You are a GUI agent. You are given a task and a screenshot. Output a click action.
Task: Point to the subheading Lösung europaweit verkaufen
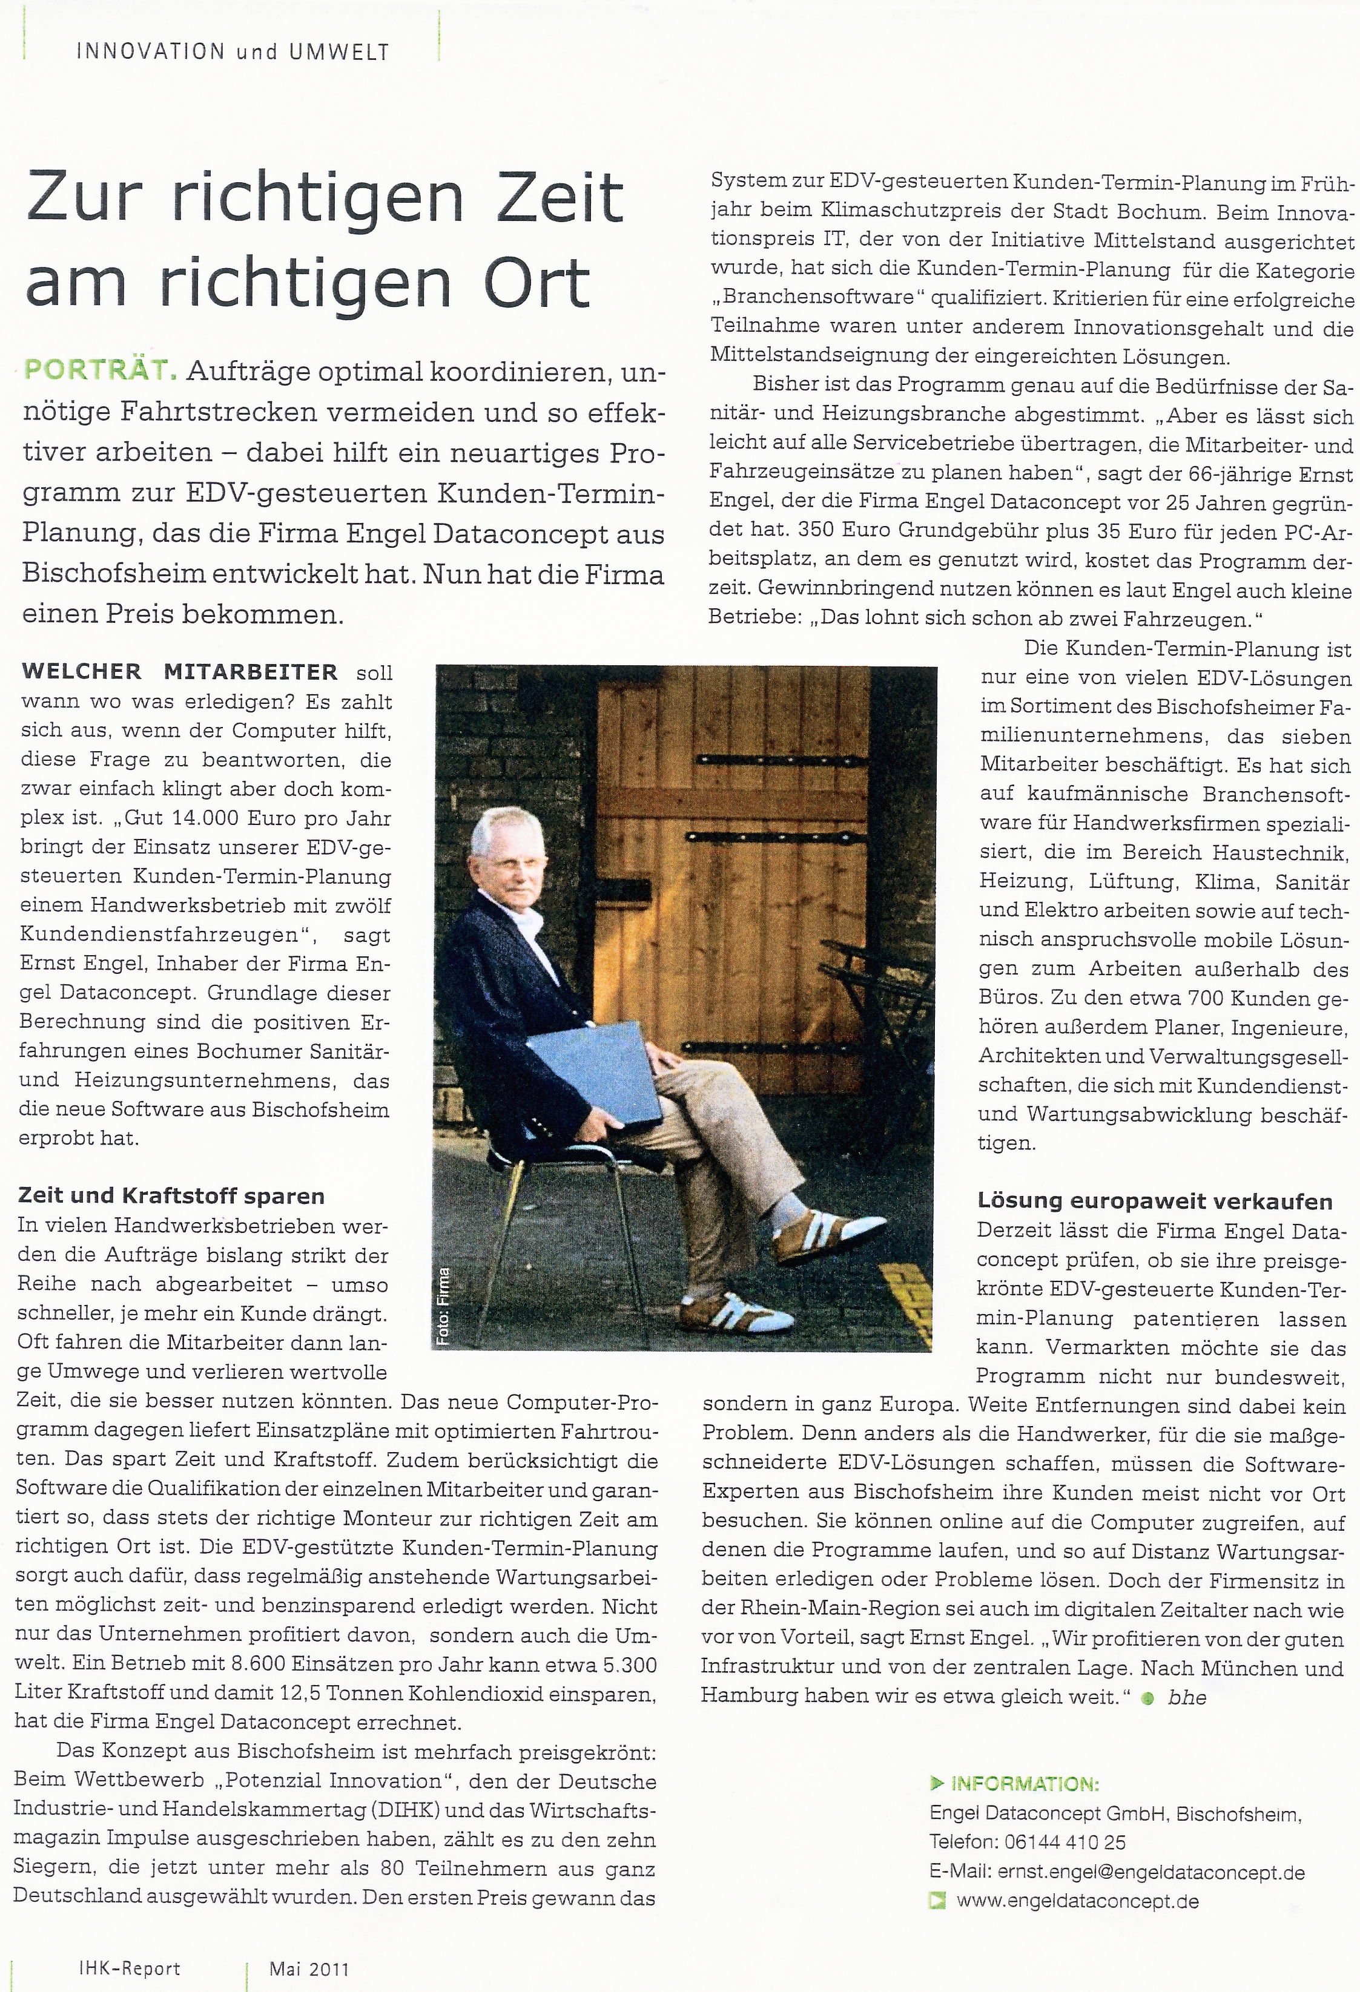1154,1201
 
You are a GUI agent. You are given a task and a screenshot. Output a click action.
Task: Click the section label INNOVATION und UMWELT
233,51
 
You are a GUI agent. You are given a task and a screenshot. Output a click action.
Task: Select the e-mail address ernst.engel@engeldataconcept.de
1149,1872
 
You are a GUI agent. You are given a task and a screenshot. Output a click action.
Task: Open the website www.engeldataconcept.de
1077,1901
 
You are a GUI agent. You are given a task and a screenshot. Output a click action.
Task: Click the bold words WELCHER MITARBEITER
179,672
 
